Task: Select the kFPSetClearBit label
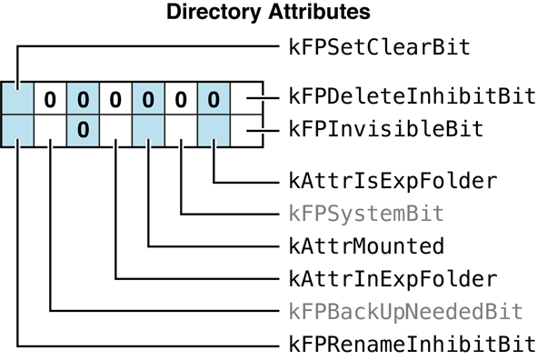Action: [379, 47]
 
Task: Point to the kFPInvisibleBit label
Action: [385, 129]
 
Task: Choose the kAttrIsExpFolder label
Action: [393, 180]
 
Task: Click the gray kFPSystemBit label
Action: [366, 213]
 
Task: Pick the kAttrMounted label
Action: [366, 245]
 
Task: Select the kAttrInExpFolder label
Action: [393, 278]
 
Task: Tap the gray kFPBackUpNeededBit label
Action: [405, 311]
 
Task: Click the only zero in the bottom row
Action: [83, 129]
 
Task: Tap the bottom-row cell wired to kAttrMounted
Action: [148, 129]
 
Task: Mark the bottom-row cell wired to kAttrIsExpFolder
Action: [214, 129]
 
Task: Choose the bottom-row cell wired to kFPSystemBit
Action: [181, 129]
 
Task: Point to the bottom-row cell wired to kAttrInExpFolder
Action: [115, 129]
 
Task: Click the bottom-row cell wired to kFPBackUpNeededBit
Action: [50, 129]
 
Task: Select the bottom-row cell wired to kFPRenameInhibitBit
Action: [17, 129]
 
